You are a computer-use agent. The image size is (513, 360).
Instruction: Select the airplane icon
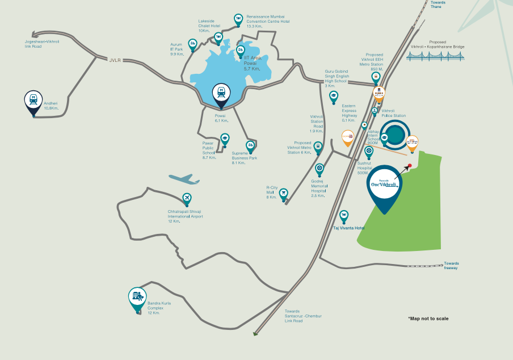(184, 179)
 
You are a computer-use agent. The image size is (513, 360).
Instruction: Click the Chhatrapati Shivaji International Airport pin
(187, 199)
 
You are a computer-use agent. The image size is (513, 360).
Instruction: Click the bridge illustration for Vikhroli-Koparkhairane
(437, 55)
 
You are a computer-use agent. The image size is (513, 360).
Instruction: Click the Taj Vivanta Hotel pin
(344, 216)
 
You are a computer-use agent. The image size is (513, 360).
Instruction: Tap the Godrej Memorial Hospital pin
(319, 169)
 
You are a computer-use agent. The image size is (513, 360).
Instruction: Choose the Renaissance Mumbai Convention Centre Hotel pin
(238, 19)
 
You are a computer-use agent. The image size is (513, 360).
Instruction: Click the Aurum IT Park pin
(192, 43)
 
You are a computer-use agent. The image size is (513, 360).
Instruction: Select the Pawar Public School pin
(224, 138)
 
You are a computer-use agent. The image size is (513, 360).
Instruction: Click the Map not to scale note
(428, 319)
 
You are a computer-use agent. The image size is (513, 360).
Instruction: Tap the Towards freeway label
(452, 265)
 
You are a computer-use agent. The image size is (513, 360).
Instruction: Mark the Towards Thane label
(438, 5)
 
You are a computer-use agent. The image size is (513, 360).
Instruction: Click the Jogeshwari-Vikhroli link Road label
(41, 44)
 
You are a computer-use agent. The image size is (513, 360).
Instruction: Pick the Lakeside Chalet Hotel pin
(218, 37)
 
